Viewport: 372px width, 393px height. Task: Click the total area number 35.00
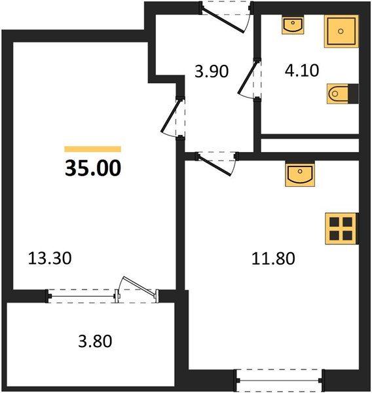pyautogui.click(x=92, y=168)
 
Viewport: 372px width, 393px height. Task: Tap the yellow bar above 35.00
pyautogui.click(x=92, y=149)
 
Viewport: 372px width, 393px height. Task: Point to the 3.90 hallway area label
pyautogui.click(x=212, y=71)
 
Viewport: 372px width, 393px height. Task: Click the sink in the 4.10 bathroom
pyautogui.click(x=292, y=25)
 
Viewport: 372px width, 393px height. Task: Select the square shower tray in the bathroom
pyautogui.click(x=341, y=29)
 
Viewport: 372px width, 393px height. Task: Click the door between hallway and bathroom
pyautogui.click(x=250, y=81)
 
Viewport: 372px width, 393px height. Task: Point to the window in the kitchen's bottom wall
pyautogui.click(x=280, y=378)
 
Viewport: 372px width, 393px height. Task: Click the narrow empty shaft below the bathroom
pyautogui.click(x=310, y=144)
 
